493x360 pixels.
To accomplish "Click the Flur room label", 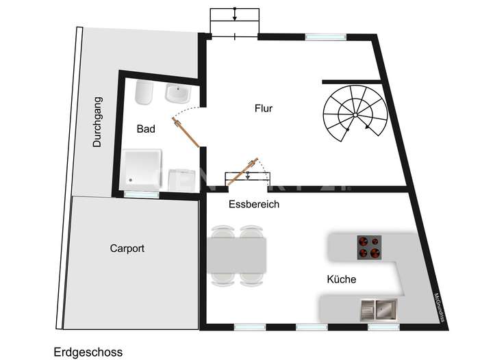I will point(264,108).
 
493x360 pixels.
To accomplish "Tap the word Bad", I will point(145,129).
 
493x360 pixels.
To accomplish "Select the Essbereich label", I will point(253,204).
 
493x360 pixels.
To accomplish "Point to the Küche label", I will point(341,279).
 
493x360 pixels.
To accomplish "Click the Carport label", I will point(127,248).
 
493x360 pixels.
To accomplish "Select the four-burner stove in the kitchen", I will point(370,247).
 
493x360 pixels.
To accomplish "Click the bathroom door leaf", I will point(188,133).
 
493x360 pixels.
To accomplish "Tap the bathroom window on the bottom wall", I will point(142,194).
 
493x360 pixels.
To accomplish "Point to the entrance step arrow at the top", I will point(235,14).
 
